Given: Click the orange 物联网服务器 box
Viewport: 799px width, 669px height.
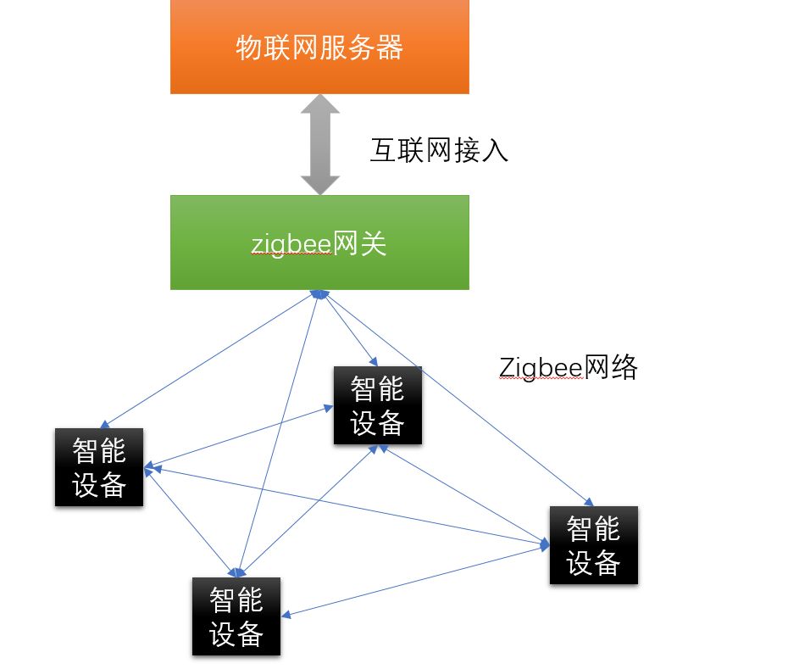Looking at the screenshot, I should pyautogui.click(x=319, y=47).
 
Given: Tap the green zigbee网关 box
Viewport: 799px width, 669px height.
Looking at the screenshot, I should pyautogui.click(x=319, y=243).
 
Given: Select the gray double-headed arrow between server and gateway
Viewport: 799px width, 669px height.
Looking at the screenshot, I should pyautogui.click(x=319, y=144).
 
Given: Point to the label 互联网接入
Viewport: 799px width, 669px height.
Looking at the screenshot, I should pyautogui.click(x=439, y=150).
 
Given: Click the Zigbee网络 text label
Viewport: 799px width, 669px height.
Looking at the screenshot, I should pyautogui.click(x=568, y=367).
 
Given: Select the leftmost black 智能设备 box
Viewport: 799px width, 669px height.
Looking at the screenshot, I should pyautogui.click(x=99, y=467).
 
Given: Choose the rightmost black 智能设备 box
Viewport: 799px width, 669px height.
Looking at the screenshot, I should pyautogui.click(x=593, y=545).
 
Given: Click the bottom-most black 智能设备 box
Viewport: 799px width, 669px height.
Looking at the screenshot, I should pyautogui.click(x=236, y=616).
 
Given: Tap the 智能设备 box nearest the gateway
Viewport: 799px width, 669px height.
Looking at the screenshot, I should pyautogui.click(x=377, y=405).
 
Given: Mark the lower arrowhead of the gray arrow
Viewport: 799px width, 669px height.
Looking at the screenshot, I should pyautogui.click(x=319, y=184).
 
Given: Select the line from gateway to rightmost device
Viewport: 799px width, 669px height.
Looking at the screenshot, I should pyautogui.click(x=458, y=395).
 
